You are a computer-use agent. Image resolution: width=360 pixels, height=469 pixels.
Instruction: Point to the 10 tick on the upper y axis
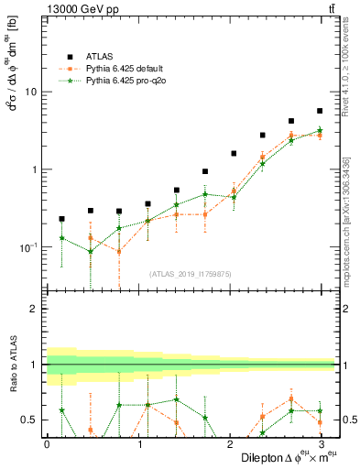[31, 92]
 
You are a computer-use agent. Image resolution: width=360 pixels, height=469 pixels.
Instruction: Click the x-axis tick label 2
[230, 444]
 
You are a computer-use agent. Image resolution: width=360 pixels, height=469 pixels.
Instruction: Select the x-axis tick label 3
[322, 444]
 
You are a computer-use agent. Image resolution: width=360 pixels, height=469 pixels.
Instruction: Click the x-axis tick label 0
[47, 444]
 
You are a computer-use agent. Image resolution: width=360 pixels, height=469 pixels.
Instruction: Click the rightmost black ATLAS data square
[320, 111]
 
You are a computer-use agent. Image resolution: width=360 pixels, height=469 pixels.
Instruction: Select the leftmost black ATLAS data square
[61, 219]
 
